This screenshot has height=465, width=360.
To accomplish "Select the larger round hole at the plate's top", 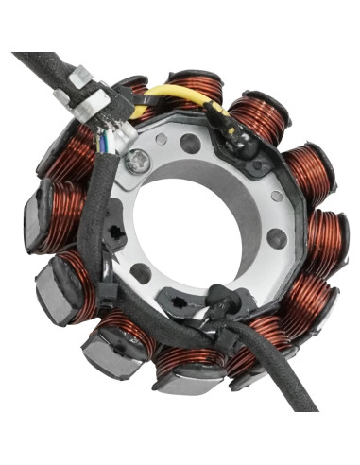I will pos(192,145).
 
